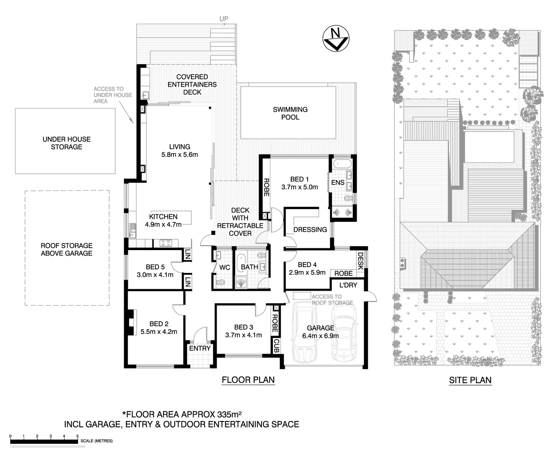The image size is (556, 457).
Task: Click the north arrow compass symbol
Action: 335,39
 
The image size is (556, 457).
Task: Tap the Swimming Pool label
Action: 290,113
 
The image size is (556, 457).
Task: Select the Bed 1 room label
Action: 299,183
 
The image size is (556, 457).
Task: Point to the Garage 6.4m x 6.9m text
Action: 320,332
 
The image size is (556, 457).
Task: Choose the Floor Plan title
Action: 248,380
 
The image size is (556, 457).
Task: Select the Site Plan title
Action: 470,380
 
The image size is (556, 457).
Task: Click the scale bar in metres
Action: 44,441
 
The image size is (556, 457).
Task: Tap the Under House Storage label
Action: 66,143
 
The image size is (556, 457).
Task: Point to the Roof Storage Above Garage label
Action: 66,249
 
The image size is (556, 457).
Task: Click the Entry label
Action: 200,348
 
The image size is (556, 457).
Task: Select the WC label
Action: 224,267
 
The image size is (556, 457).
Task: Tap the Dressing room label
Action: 310,229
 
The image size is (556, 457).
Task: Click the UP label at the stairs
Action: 223,19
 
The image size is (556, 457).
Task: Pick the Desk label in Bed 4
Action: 361,261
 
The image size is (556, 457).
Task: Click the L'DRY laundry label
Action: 348,285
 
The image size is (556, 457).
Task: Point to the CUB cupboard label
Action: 276,346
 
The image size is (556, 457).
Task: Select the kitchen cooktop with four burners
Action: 165,243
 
